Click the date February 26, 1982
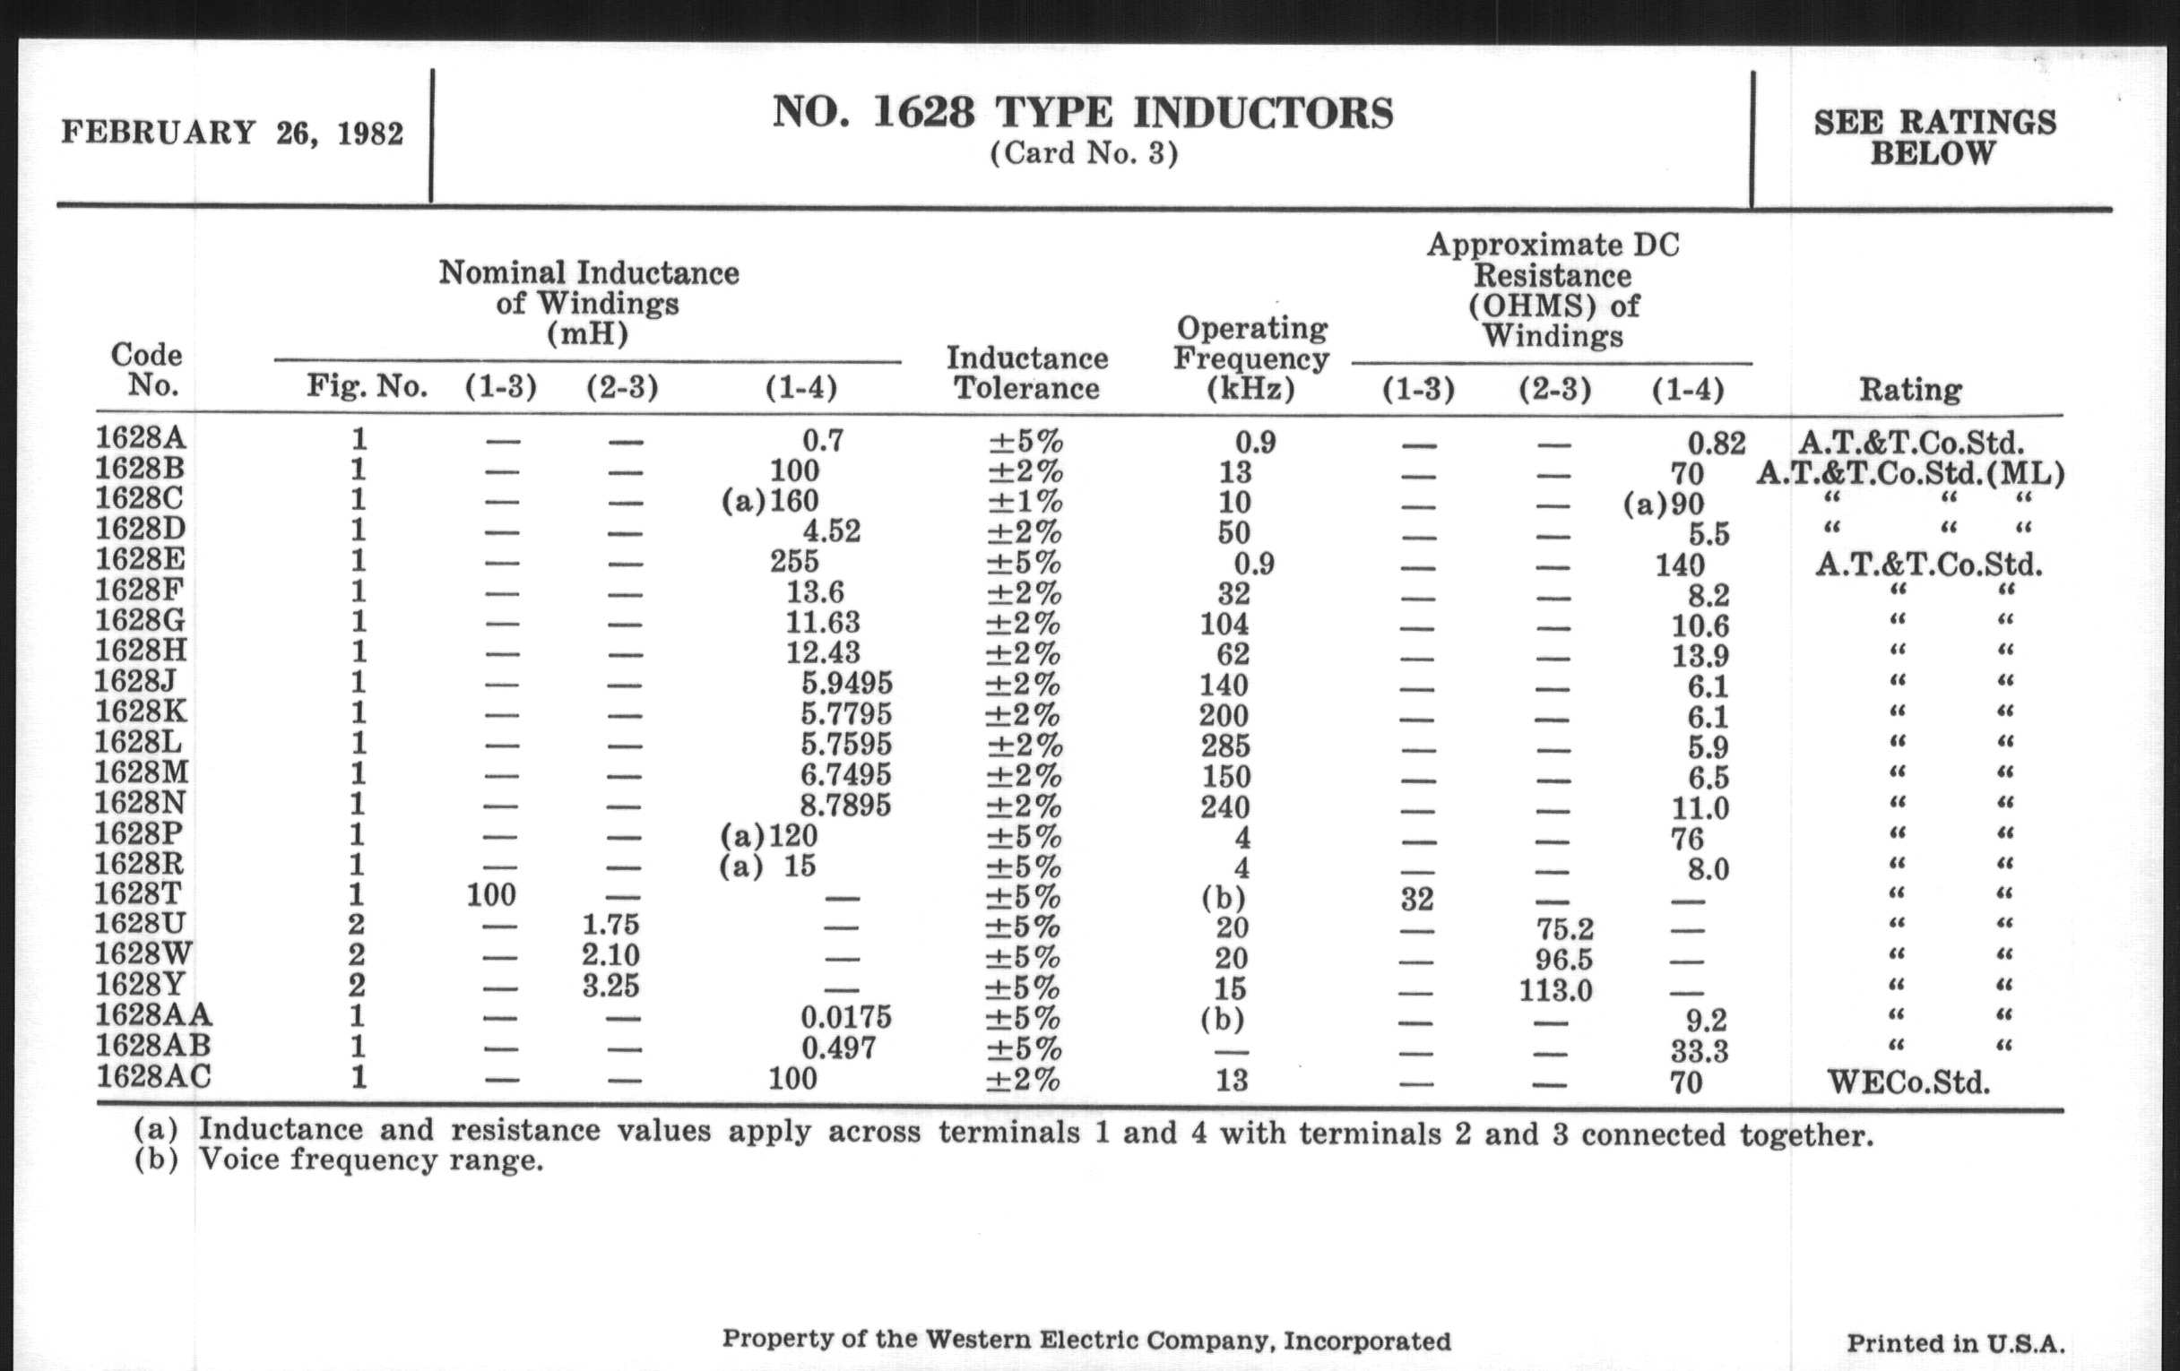click(x=232, y=134)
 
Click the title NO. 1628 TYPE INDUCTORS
click(x=1083, y=114)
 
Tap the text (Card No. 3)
click(x=1083, y=154)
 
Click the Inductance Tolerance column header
click(x=1026, y=373)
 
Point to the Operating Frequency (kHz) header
click(x=1251, y=358)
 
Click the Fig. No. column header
click(x=367, y=387)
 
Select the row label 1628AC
click(x=154, y=1077)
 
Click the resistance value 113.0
click(x=1555, y=990)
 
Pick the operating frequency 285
click(x=1224, y=746)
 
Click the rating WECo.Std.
click(x=1908, y=1082)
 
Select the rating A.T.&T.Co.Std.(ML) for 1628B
click(x=1910, y=472)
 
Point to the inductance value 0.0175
click(x=845, y=1017)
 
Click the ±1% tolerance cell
click(x=1025, y=501)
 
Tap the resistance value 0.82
click(x=1717, y=443)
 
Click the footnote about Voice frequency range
click(x=340, y=1160)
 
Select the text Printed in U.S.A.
click(x=1956, y=1344)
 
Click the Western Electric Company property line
click(x=1086, y=1341)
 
